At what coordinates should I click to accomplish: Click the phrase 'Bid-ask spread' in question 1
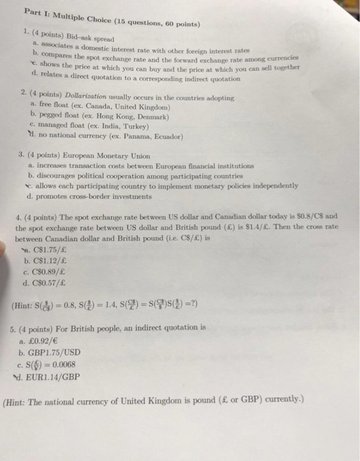coord(86,40)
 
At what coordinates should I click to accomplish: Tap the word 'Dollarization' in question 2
coord(78,97)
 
